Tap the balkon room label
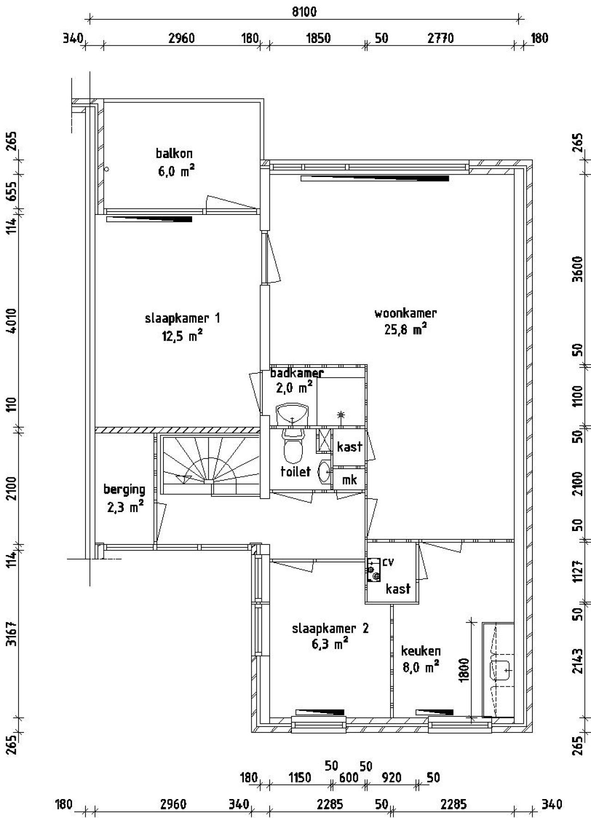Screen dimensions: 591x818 (174, 153)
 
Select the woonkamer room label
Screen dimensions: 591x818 (405, 313)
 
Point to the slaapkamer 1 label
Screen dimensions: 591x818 (182, 318)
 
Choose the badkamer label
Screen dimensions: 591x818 (297, 372)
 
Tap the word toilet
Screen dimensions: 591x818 (295, 471)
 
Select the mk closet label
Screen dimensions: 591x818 (349, 480)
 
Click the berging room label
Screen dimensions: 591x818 (124, 489)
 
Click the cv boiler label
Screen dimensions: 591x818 (388, 562)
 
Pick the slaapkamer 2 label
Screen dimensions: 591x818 (331, 629)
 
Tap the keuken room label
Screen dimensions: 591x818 (421, 651)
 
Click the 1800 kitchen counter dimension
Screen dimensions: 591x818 (464, 669)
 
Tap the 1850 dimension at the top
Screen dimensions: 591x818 (319, 38)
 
